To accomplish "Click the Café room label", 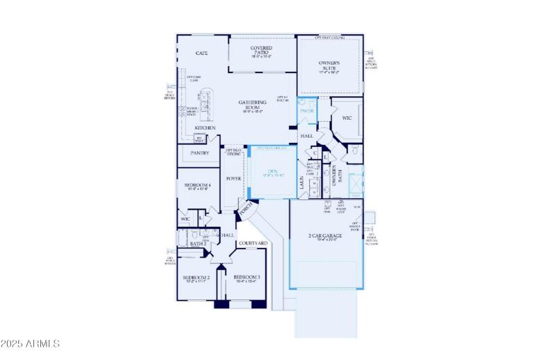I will [202, 53].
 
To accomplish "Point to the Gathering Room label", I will [252, 105].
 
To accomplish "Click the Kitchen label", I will [205, 128].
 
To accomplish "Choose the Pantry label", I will [200, 152].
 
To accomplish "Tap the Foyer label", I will [233, 178].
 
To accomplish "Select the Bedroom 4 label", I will [197, 185].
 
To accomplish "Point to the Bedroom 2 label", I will [196, 278].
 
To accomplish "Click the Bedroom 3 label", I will [246, 278].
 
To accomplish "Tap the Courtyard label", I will [253, 243].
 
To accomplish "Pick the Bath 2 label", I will [198, 244].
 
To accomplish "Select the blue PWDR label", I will [307, 111].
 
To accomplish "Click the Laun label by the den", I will [302, 182].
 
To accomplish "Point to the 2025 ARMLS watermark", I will [31, 343].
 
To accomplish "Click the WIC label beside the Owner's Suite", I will [347, 118].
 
